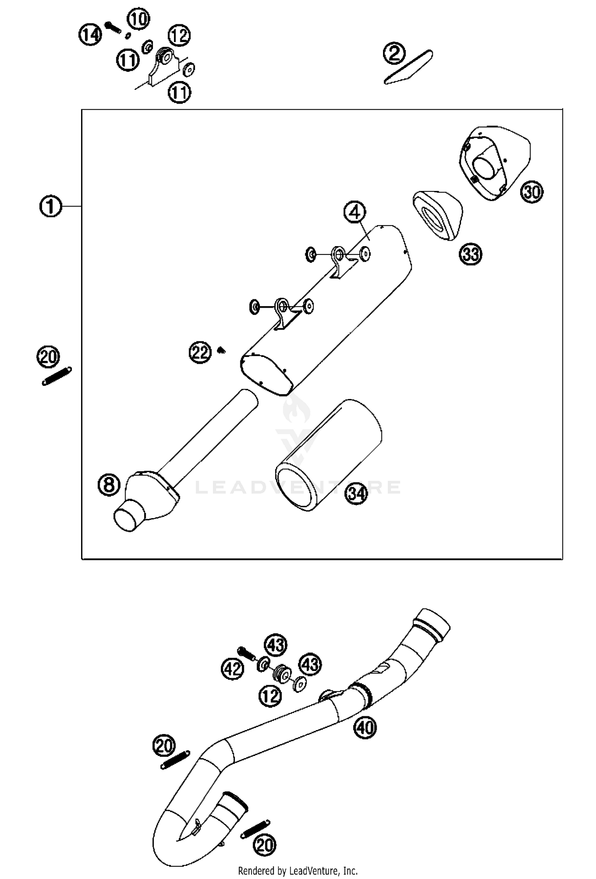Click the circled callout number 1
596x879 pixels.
tap(50, 206)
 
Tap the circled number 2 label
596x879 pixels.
tap(394, 54)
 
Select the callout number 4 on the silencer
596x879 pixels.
tap(354, 213)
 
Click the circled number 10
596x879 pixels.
tap(138, 19)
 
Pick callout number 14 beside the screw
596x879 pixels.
tap(90, 35)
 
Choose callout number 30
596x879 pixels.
tap(532, 192)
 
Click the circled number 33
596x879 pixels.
tap(470, 254)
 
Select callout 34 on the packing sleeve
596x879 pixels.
tap(356, 493)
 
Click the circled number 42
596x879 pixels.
tap(232, 669)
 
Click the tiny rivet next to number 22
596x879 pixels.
tap(221, 350)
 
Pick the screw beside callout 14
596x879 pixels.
tap(114, 27)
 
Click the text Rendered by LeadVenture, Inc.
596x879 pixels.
tap(298, 871)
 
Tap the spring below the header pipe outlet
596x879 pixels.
tap(255, 829)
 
